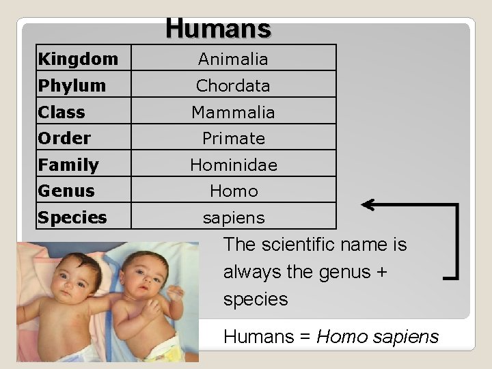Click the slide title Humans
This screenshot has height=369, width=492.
(219, 29)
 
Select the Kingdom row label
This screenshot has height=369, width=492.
(78, 59)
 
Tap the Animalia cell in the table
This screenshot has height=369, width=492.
(233, 59)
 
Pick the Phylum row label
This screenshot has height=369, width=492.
(72, 85)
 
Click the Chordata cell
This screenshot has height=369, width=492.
(233, 85)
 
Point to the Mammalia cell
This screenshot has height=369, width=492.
(233, 112)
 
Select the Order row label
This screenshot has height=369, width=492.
(64, 138)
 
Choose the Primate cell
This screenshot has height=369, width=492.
(234, 138)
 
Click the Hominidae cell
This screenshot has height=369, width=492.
(234, 165)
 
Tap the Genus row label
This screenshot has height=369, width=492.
(66, 191)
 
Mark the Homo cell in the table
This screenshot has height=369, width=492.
(234, 191)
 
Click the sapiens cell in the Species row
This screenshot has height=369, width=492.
(234, 218)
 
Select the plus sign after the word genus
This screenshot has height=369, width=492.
(381, 272)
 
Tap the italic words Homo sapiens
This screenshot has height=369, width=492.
(377, 338)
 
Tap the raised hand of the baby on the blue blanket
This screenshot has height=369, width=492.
(175, 293)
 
